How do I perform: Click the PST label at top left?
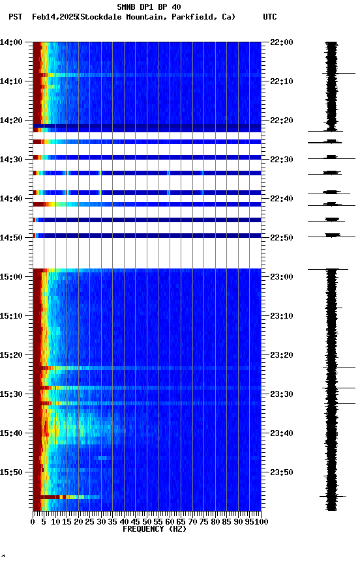[x=15, y=17]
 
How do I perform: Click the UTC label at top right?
[x=270, y=17]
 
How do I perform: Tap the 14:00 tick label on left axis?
[x=11, y=42]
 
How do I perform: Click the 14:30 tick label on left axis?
[x=11, y=160]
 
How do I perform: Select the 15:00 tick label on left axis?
[x=11, y=277]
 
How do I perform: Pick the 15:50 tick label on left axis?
[x=11, y=472]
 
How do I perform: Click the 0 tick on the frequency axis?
[x=33, y=521]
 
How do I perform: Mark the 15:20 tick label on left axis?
[x=11, y=355]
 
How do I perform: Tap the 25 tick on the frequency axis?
[x=90, y=521]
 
